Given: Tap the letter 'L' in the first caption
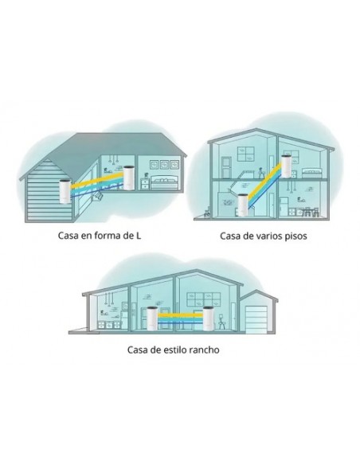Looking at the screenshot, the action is click(139, 236).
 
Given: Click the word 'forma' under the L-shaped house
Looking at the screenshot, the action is click(103, 236).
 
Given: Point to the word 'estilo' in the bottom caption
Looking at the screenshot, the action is click(174, 350).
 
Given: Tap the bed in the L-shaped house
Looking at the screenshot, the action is click(165, 183).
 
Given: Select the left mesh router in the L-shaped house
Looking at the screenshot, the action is click(65, 192).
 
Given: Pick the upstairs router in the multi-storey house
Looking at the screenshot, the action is click(287, 166).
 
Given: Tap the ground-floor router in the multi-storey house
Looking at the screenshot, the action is click(243, 205).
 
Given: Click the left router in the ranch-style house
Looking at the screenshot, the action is click(153, 319).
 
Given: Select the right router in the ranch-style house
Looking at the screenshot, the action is click(208, 319).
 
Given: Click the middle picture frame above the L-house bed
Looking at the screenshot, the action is click(164, 164).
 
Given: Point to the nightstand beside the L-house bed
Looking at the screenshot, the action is click(145, 184).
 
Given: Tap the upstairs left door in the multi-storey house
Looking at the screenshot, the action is click(227, 167).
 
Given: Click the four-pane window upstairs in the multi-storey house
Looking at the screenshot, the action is click(245, 154).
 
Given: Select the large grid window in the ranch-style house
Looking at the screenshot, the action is click(204, 299).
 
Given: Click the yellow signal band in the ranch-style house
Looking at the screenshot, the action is click(181, 315).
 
